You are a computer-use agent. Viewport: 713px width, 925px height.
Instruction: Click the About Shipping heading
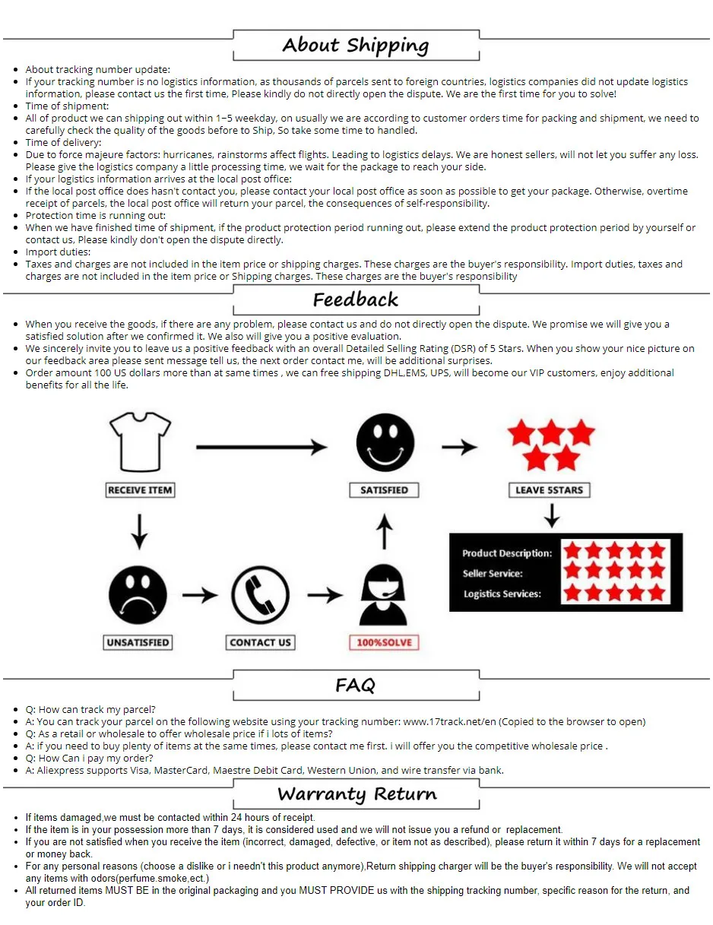coord(356,45)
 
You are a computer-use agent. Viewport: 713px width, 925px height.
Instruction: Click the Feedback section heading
coord(356,299)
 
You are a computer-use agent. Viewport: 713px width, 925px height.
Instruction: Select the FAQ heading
coord(356,686)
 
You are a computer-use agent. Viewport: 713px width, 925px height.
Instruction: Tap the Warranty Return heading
coord(356,795)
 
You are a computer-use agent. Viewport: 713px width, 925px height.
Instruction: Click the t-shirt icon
coord(140,442)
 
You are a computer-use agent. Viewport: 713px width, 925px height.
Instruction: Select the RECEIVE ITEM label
coord(140,490)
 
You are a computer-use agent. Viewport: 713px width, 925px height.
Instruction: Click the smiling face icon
coord(385,443)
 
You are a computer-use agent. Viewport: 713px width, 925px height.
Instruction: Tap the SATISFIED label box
coord(384,490)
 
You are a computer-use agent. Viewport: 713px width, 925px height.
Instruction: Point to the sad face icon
coord(138,594)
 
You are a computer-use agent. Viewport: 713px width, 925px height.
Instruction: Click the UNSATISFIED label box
coord(138,642)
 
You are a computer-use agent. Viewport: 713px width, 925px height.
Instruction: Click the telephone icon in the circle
coord(260,594)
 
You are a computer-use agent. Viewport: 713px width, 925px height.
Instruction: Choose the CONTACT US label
coord(260,642)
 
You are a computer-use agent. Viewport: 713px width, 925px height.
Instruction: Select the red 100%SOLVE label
coord(384,642)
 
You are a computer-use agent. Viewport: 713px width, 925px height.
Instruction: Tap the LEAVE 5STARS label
coord(549,490)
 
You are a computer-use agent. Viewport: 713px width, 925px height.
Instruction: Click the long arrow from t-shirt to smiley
coord(261,448)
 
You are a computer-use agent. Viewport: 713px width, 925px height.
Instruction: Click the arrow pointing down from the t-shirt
coord(138,531)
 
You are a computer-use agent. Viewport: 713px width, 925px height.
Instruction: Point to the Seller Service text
coord(493,574)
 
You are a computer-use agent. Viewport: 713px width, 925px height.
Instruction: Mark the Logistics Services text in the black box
coord(502,594)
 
